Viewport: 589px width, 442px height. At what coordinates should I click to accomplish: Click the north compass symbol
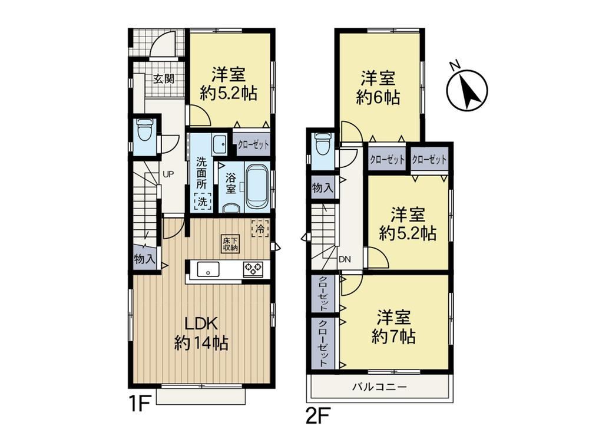click(467, 90)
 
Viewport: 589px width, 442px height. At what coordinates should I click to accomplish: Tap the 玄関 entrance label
click(164, 79)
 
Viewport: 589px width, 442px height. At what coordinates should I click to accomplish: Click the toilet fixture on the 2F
click(323, 143)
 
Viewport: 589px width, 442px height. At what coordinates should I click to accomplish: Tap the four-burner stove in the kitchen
click(253, 269)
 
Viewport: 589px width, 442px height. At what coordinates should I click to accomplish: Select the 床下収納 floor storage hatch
click(230, 245)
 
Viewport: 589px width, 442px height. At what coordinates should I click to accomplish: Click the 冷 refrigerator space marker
click(260, 228)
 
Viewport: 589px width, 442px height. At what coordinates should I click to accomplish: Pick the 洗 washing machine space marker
click(203, 201)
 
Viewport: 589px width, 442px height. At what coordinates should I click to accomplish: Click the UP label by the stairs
click(168, 174)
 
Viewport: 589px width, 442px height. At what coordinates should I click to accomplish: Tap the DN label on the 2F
click(345, 259)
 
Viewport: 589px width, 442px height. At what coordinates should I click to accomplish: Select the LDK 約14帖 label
click(201, 333)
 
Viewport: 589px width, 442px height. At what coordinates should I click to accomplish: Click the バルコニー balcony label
click(379, 387)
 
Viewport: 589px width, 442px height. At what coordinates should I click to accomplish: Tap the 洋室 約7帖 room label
click(393, 327)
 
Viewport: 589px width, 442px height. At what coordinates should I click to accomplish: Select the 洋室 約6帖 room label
click(378, 88)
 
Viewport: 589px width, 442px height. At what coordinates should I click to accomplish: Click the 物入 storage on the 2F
click(323, 187)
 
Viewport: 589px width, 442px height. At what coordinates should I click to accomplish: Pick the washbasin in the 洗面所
click(219, 144)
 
